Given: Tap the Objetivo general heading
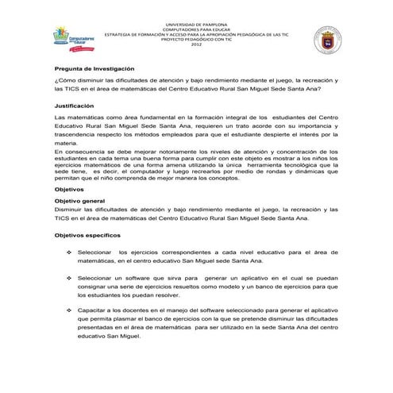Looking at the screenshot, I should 80,202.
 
